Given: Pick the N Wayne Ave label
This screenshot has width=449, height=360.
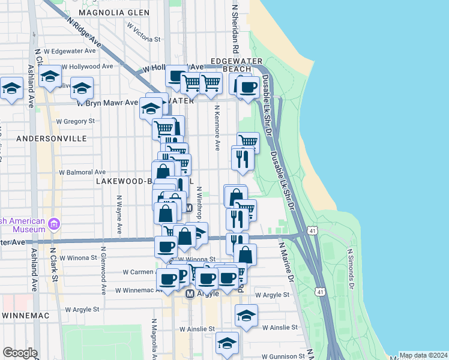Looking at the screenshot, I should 119,214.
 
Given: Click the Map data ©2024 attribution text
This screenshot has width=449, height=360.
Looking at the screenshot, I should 423,355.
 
